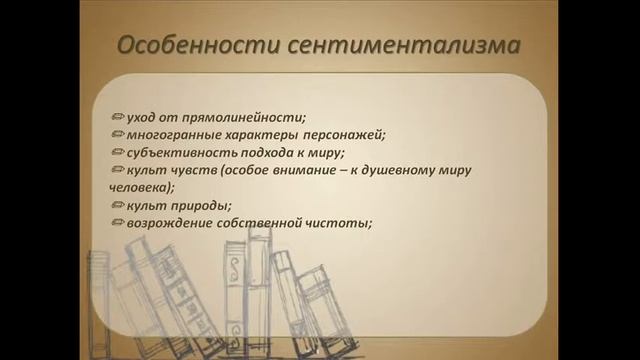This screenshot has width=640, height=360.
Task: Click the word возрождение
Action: click(168, 222)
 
